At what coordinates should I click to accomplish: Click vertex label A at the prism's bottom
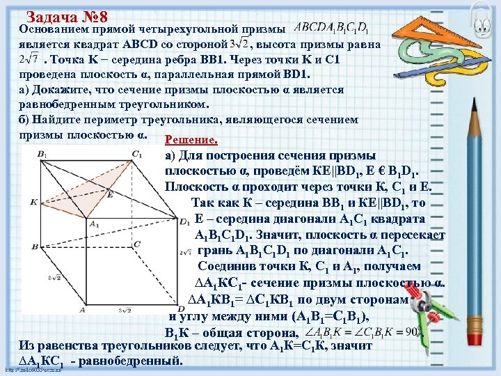(x=82, y=310)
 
